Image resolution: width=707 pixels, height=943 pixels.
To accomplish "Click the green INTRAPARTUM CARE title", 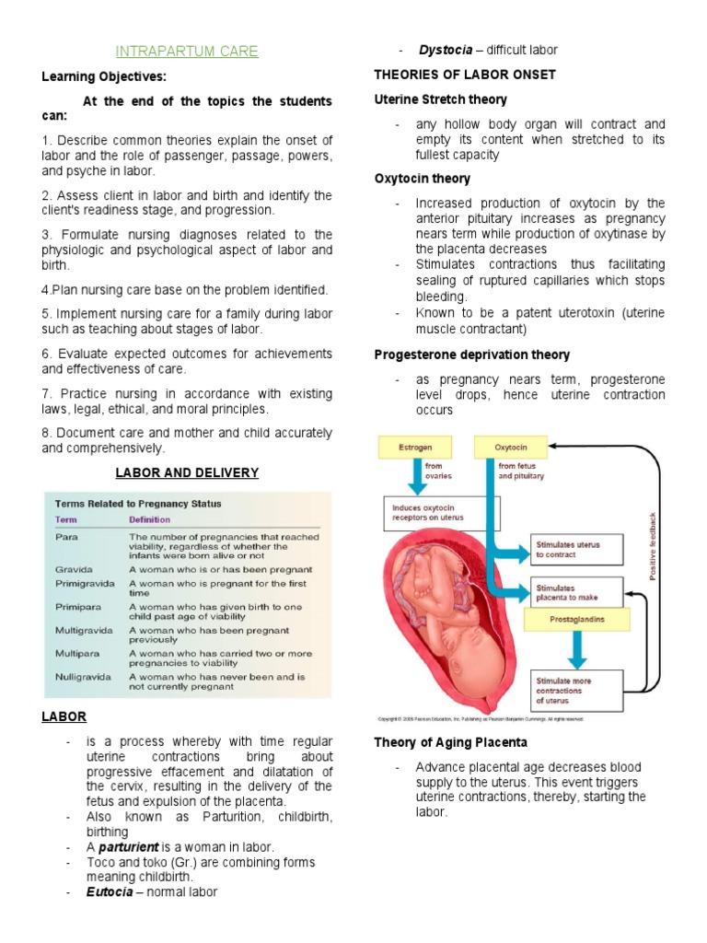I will tap(187, 52).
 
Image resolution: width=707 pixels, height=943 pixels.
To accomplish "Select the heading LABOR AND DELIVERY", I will tap(187, 473).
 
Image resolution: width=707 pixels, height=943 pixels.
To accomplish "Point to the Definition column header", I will tap(149, 520).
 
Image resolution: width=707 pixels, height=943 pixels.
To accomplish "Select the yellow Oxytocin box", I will tap(511, 448).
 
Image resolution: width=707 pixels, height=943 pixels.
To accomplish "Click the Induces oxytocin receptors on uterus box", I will tap(440, 512).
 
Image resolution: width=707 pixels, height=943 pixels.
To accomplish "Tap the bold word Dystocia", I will tap(446, 50).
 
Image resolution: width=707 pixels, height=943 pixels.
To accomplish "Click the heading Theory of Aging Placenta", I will tap(450, 742).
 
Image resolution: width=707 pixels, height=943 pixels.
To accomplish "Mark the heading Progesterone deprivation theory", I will tap(472, 355).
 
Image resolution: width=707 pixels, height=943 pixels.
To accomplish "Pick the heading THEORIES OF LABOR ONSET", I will tap(465, 75).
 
